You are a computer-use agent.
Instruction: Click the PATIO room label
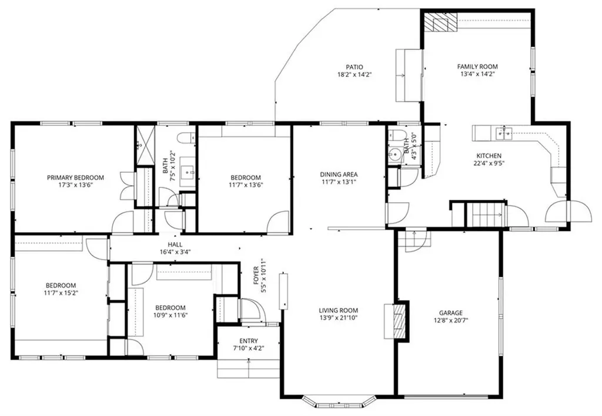tap(354, 67)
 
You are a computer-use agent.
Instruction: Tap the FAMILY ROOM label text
tap(477, 66)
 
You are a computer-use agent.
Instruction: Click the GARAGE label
tap(451, 313)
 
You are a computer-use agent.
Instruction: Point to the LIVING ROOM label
tap(338, 310)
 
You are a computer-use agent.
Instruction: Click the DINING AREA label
tap(339, 175)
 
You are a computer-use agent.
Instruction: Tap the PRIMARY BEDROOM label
tap(75, 177)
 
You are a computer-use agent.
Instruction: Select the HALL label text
tap(175, 244)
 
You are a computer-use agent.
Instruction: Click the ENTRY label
tap(249, 341)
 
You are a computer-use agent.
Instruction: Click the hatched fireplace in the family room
tap(441, 22)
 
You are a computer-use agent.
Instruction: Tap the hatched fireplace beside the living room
tap(400, 321)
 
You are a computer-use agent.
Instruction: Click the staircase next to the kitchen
tap(485, 214)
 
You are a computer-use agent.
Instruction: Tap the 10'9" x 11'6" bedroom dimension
tap(170, 315)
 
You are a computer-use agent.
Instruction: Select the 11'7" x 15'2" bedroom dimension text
tap(61, 293)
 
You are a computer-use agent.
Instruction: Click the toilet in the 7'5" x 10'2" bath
tap(186, 137)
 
